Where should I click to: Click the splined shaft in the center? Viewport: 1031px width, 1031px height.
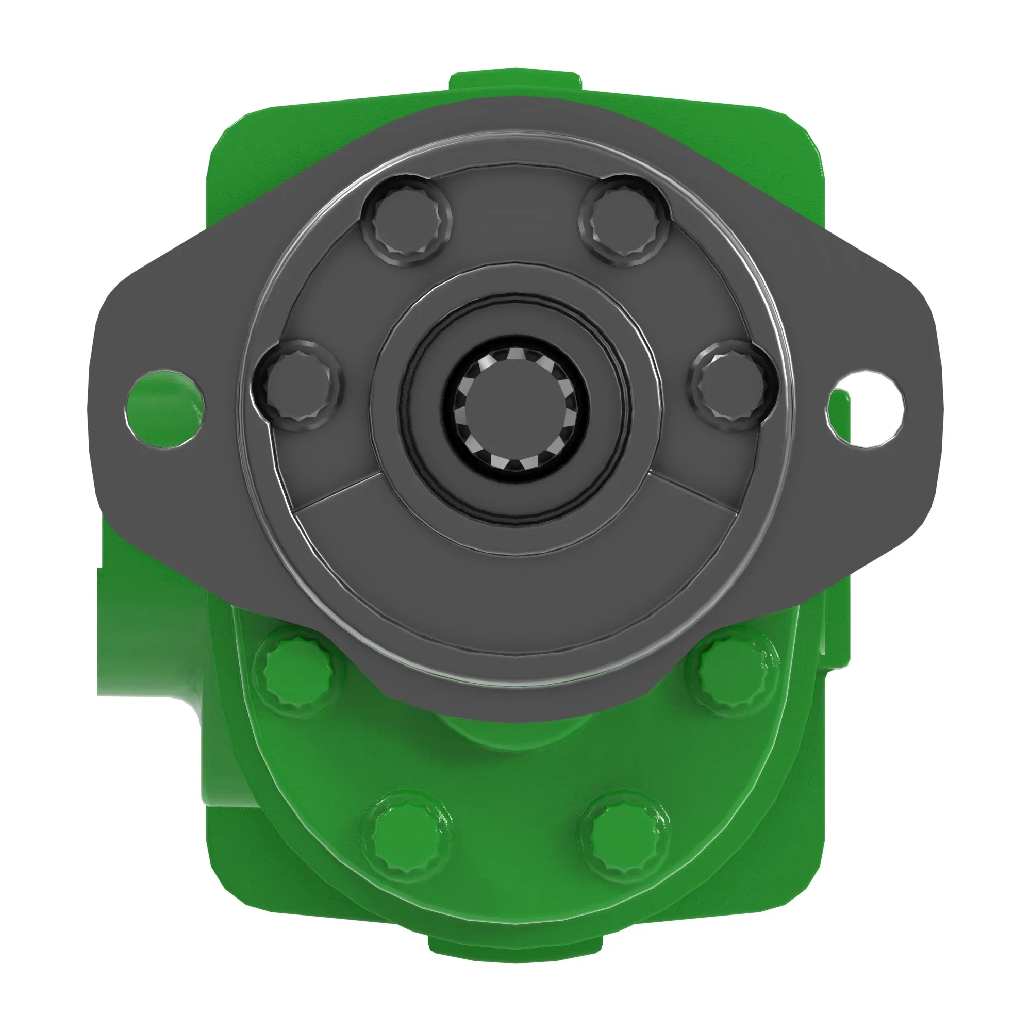[515, 408]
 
